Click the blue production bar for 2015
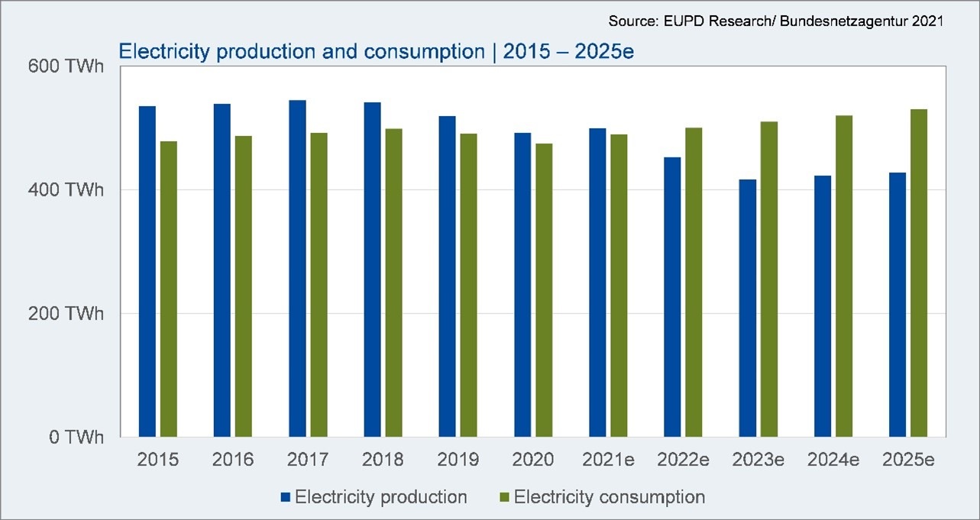point(147,271)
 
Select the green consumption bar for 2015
point(168,289)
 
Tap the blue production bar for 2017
point(297,268)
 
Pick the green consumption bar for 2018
point(393,283)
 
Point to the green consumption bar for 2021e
point(619,286)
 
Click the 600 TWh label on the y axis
point(66,66)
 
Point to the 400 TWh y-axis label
point(66,190)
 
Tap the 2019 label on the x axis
point(458,460)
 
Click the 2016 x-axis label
point(232,460)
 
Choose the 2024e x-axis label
point(833,460)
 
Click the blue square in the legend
point(286,497)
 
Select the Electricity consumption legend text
point(609,497)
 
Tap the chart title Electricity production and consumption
point(299,52)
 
